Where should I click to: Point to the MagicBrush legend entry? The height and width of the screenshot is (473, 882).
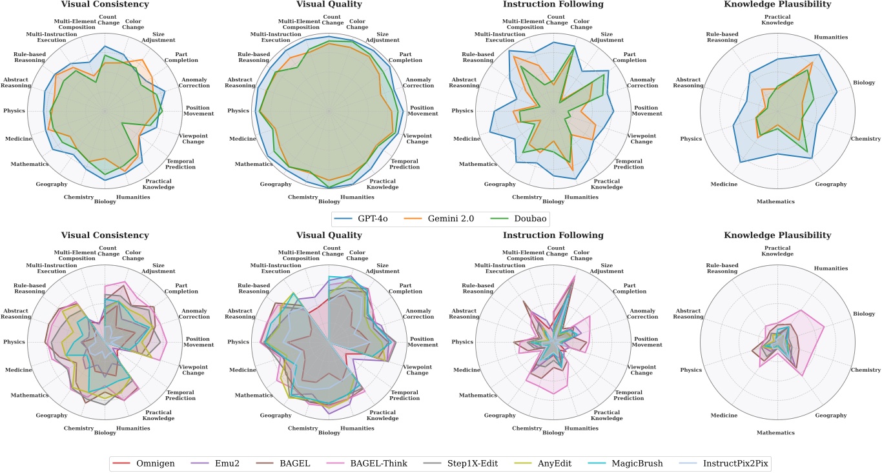628,463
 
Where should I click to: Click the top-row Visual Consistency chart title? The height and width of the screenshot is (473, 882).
105,4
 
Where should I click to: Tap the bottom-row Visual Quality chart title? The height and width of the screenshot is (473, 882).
329,236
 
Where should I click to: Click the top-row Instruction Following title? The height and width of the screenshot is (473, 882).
553,4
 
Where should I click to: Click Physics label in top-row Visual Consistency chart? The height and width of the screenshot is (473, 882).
14,111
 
